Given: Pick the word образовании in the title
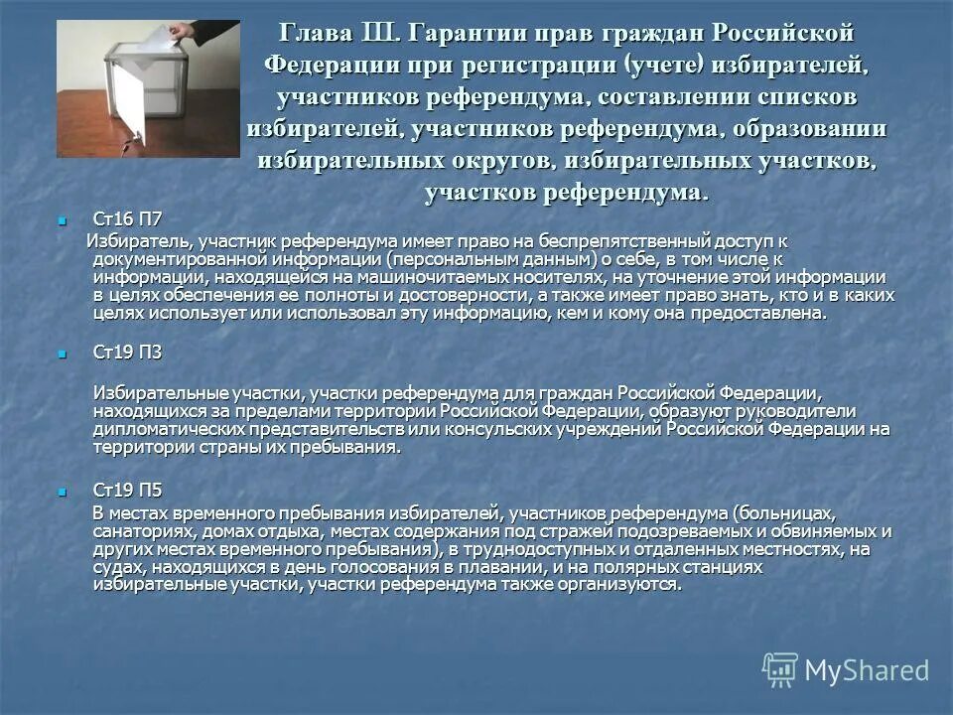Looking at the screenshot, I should tap(799, 129).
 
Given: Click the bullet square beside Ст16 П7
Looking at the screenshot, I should tap(64, 219).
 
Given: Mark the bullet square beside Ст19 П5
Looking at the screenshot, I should tap(64, 492).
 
